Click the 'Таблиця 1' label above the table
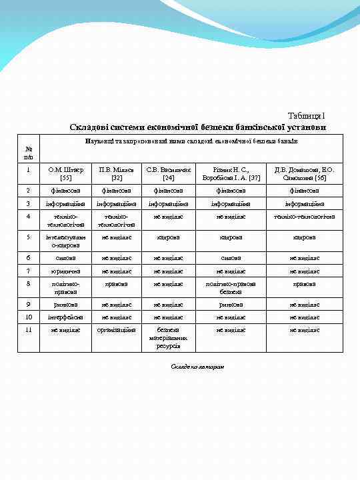(306, 116)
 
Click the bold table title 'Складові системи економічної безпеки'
(197, 127)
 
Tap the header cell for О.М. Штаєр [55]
(66, 174)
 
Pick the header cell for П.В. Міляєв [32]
(117, 174)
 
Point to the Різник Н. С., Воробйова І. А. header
(231, 174)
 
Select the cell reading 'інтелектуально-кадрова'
(66, 240)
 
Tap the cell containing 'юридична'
(66, 271)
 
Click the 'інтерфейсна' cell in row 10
(66, 317)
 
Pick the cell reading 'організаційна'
(117, 329)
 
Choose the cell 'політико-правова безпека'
(231, 287)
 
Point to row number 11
(28, 329)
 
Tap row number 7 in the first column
(28, 271)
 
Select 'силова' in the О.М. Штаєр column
(66, 257)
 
